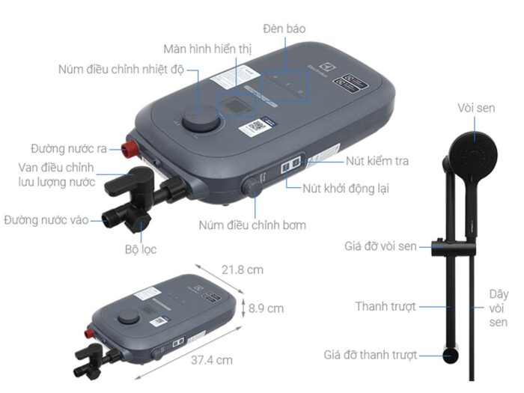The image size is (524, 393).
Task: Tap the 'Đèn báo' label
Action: (284, 28)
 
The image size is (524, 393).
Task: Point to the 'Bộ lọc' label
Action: (139, 249)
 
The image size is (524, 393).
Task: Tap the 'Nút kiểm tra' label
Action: (377, 161)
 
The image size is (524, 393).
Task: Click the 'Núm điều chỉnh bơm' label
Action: (252, 225)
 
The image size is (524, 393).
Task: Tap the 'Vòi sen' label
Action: (476, 109)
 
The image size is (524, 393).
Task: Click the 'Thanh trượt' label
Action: (386, 306)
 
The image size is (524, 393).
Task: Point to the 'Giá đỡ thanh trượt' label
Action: (371, 355)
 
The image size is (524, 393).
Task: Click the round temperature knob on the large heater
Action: (202, 121)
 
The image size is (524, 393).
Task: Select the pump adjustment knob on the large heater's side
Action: (254, 186)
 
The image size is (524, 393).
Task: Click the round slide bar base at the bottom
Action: (451, 356)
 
